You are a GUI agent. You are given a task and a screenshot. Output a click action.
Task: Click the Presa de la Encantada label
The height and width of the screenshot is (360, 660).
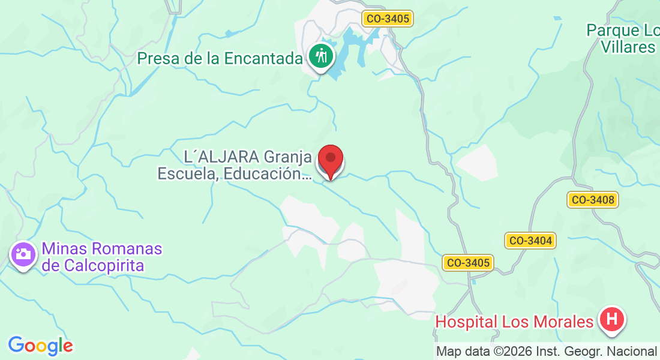220,58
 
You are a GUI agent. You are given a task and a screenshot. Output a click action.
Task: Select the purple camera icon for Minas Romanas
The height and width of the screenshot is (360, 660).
23,254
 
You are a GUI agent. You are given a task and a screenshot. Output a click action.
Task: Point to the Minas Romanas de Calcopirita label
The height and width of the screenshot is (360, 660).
102,257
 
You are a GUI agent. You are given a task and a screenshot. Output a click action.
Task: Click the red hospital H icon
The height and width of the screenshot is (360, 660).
612,319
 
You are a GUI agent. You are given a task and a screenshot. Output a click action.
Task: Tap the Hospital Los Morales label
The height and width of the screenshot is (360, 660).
514,322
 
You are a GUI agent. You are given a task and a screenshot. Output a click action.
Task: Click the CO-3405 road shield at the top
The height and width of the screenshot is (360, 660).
388,19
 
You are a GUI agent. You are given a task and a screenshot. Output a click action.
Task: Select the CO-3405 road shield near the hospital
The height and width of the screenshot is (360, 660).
468,262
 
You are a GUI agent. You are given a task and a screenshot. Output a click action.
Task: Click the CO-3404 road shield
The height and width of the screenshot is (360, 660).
530,241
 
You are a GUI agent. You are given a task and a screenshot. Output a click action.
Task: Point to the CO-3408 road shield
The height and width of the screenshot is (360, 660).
593,200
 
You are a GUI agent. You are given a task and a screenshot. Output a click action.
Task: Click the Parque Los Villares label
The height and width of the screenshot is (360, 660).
624,38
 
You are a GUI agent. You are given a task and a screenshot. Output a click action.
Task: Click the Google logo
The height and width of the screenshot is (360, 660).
40,345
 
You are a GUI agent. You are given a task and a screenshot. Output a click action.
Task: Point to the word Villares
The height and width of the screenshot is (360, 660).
629,47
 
